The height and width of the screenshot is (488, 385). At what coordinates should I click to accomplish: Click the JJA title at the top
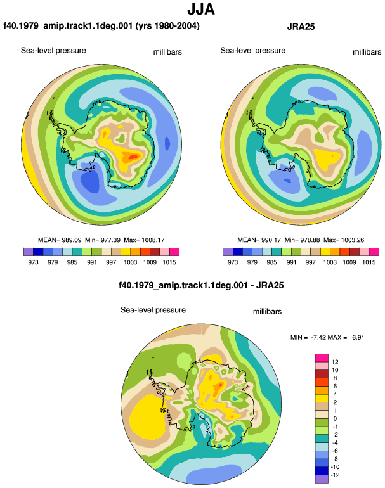(x=201, y=9)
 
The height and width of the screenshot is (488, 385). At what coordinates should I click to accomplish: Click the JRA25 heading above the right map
(x=301, y=27)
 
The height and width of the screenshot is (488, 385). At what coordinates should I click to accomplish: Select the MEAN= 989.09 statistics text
(x=60, y=240)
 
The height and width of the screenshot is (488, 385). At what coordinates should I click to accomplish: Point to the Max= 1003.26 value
(x=344, y=240)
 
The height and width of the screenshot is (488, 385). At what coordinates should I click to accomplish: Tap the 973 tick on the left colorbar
(x=33, y=262)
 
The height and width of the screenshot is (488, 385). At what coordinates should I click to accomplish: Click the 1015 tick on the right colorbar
(x=369, y=262)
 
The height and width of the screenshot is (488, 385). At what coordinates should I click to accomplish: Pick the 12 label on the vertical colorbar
(x=335, y=362)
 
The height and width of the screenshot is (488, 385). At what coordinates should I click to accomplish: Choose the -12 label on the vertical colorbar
(x=335, y=475)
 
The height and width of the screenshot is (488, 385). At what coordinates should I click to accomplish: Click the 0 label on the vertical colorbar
(x=335, y=418)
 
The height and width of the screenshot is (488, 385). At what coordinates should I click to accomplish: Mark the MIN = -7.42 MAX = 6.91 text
(x=327, y=337)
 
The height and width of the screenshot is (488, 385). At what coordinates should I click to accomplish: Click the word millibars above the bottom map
(x=267, y=312)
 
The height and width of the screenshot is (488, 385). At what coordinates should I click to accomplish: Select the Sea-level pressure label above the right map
(x=252, y=51)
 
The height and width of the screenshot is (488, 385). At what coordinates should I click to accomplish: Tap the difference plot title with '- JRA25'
(x=201, y=285)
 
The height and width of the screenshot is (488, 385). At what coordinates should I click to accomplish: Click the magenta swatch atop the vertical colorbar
(x=322, y=357)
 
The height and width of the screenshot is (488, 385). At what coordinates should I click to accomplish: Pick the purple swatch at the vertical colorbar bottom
(x=322, y=479)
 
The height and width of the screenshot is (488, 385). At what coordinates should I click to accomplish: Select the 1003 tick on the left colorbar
(x=130, y=262)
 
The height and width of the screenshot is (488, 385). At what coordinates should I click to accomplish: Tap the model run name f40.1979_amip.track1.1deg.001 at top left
(x=68, y=25)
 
